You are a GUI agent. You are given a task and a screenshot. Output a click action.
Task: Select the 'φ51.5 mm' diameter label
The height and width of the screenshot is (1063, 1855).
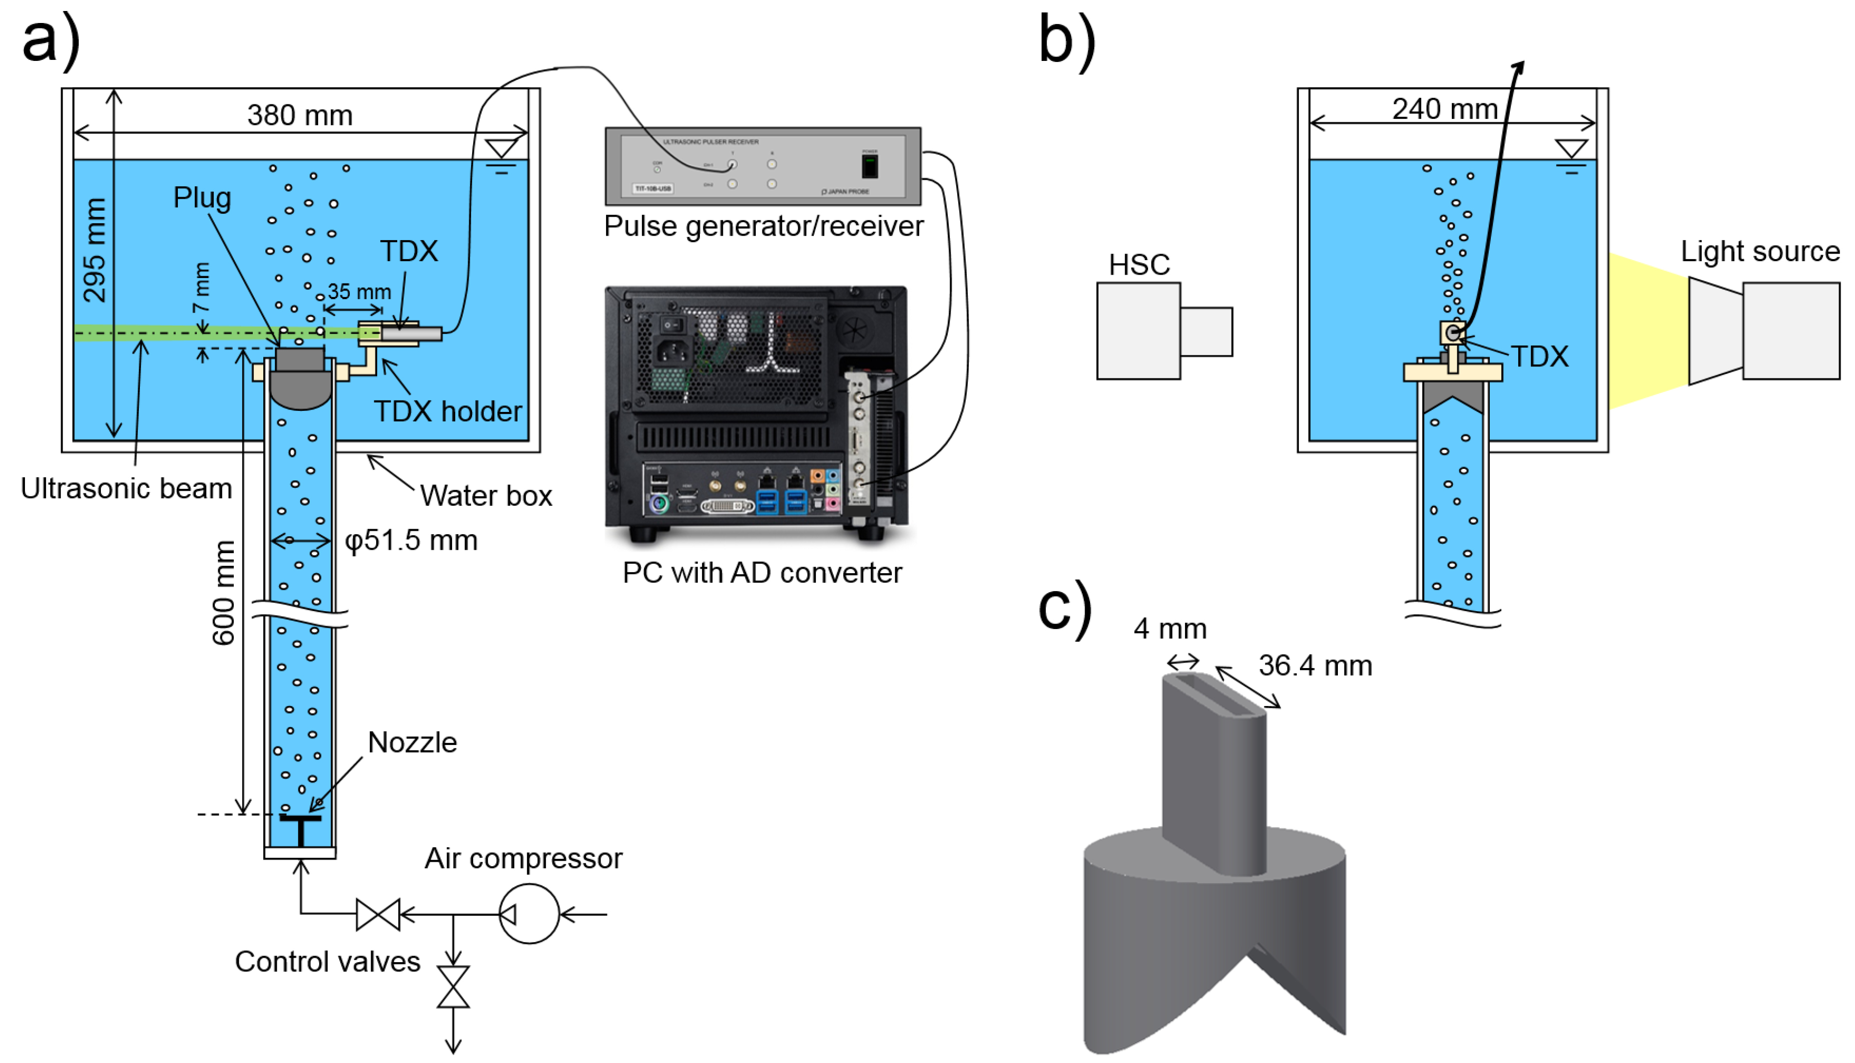tap(411, 540)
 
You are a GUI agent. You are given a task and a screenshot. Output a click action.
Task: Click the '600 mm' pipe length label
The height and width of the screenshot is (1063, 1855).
tap(223, 593)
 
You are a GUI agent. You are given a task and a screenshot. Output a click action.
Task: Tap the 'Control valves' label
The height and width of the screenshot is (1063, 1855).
tap(327, 962)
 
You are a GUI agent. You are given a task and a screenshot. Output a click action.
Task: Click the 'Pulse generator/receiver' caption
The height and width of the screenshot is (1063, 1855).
tap(763, 226)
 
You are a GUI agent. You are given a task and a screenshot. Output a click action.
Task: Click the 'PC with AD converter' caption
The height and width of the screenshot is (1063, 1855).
tap(762, 573)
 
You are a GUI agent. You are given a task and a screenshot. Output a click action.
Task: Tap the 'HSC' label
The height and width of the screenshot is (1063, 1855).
tap(1139, 264)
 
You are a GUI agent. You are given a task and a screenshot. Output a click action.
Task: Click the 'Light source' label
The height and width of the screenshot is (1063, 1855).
tap(1760, 251)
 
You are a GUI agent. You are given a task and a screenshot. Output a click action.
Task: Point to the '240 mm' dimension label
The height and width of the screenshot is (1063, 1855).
tap(1444, 109)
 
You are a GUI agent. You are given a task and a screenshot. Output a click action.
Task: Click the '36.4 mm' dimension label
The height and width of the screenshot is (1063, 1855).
tap(1314, 666)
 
